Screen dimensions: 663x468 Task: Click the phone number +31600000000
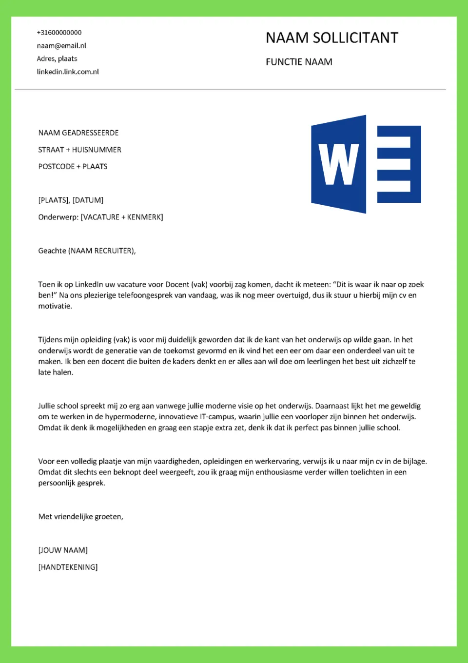click(x=59, y=33)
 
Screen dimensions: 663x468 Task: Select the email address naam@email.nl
click(x=61, y=46)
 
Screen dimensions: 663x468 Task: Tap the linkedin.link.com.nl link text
click(x=68, y=72)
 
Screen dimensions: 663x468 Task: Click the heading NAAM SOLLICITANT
click(x=331, y=38)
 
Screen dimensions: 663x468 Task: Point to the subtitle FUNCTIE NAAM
click(x=299, y=62)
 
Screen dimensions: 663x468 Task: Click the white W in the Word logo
click(x=338, y=164)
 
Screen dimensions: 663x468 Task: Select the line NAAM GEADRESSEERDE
click(x=78, y=133)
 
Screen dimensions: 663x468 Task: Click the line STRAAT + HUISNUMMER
click(x=79, y=150)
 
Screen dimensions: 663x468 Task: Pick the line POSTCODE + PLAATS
click(x=73, y=166)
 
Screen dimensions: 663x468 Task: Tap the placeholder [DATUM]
click(x=88, y=200)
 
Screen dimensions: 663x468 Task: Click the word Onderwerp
click(x=58, y=217)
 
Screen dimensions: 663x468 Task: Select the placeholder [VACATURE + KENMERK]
click(x=122, y=217)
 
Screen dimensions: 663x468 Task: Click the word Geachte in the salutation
click(x=52, y=251)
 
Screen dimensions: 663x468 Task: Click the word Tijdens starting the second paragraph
click(x=52, y=340)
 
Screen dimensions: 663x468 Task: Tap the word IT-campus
click(x=217, y=417)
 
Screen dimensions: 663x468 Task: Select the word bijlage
click(x=414, y=461)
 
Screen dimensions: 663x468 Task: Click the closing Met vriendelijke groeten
click(x=80, y=517)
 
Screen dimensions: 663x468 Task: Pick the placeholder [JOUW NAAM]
click(x=63, y=550)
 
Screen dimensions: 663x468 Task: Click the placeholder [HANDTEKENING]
click(x=68, y=567)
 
